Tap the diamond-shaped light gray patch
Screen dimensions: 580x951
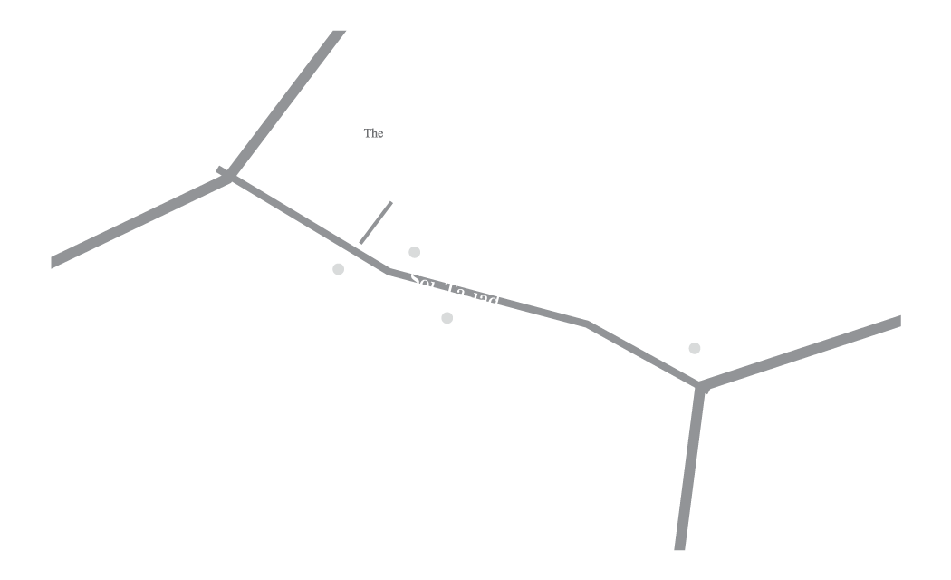[x=696, y=350]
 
